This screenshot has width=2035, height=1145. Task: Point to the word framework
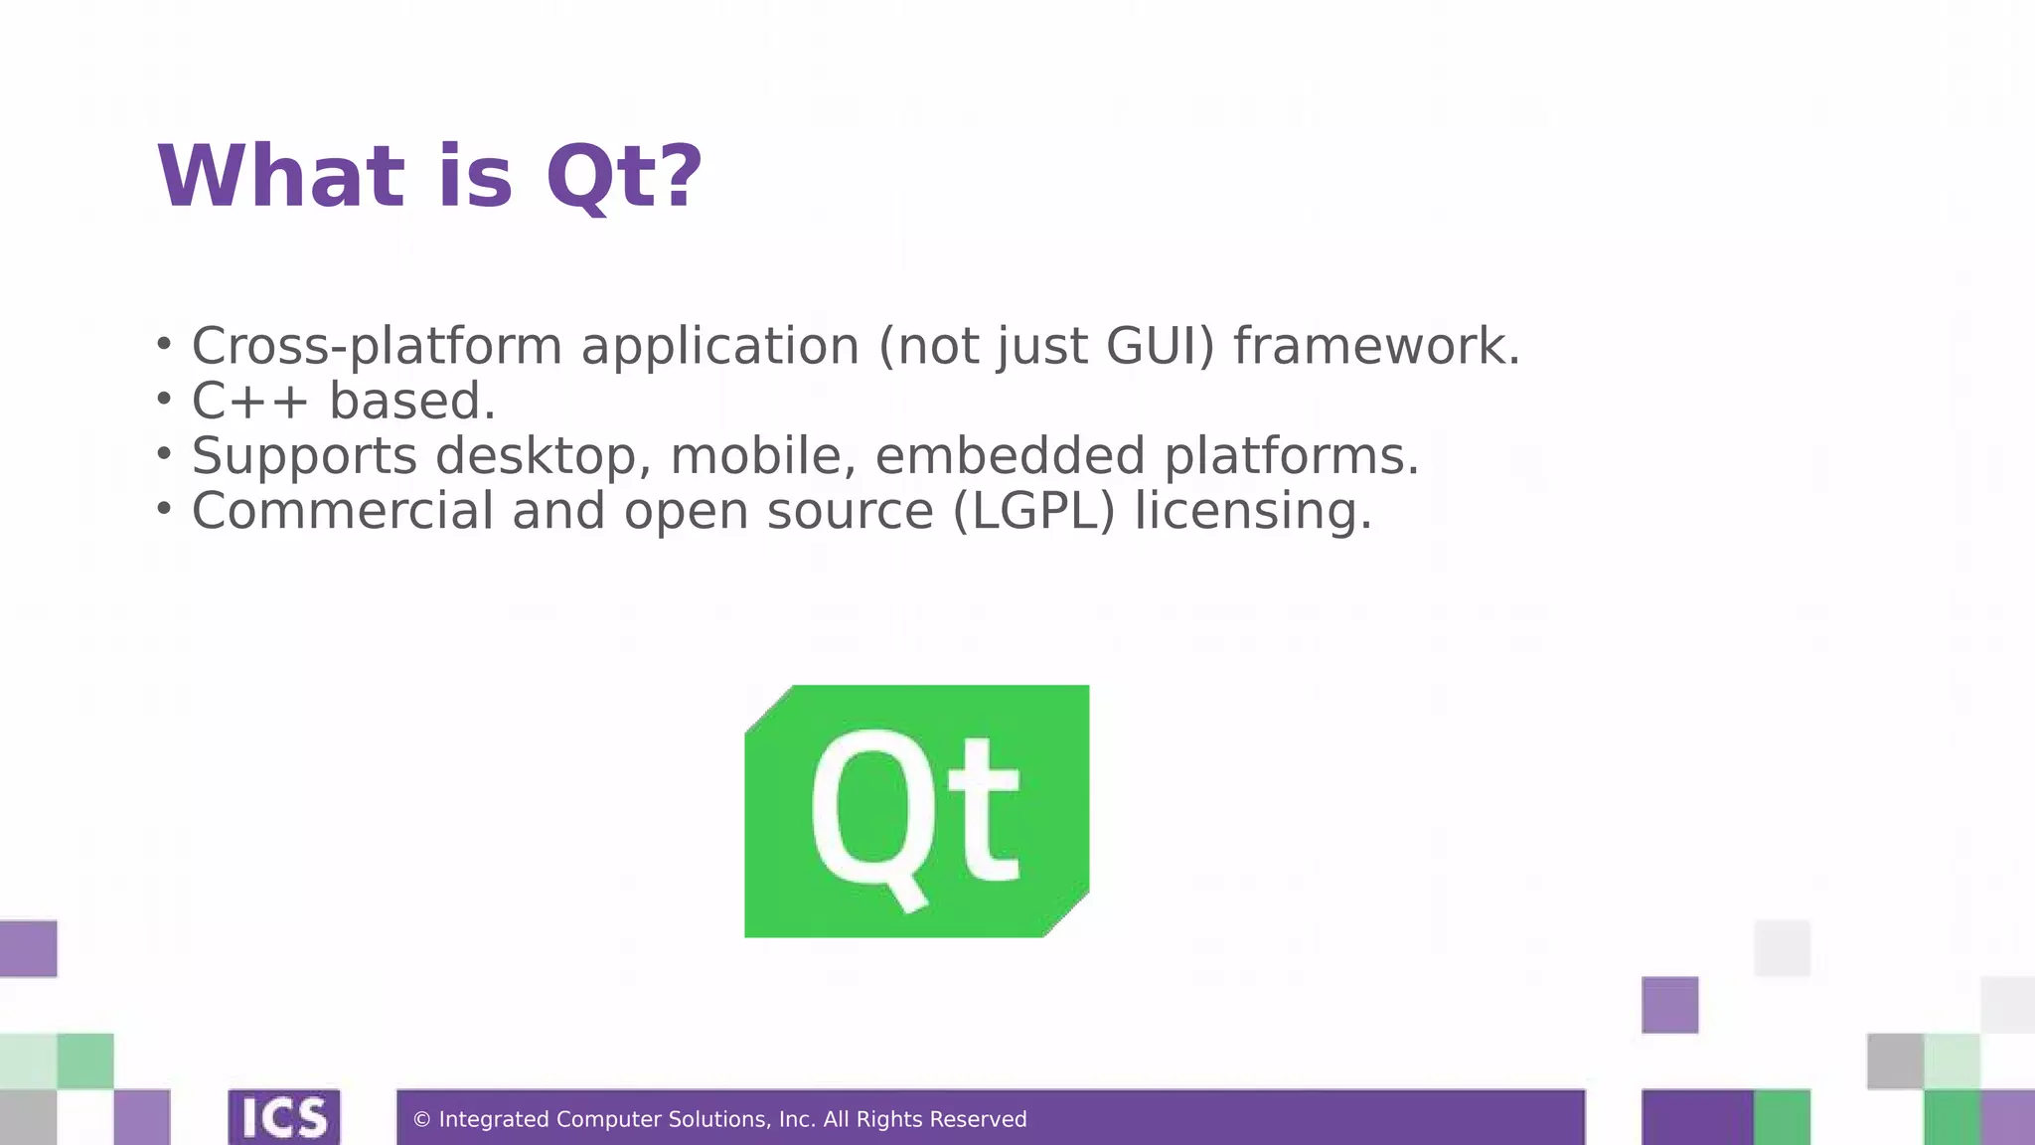[x=1376, y=347]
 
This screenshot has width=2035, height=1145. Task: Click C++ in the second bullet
[x=249, y=402]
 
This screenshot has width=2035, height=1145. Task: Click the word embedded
[x=1010, y=456]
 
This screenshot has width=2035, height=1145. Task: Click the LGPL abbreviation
[x=1033, y=512]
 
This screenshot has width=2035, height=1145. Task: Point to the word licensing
[x=1252, y=513]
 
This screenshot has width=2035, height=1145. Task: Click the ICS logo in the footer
[x=284, y=1118]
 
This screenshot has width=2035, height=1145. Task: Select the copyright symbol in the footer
[x=421, y=1120]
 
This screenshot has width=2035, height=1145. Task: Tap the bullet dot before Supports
[x=164, y=454]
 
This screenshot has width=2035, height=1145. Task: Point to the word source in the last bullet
[x=850, y=512]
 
